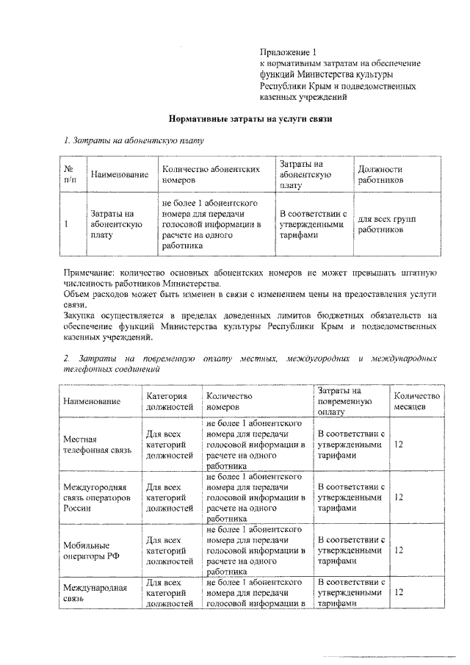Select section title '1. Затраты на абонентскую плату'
pos(132,140)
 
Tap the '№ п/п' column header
pos(70,174)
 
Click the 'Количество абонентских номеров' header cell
pos(211,174)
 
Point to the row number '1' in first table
pos(67,225)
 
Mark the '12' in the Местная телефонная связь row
pos(400,445)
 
